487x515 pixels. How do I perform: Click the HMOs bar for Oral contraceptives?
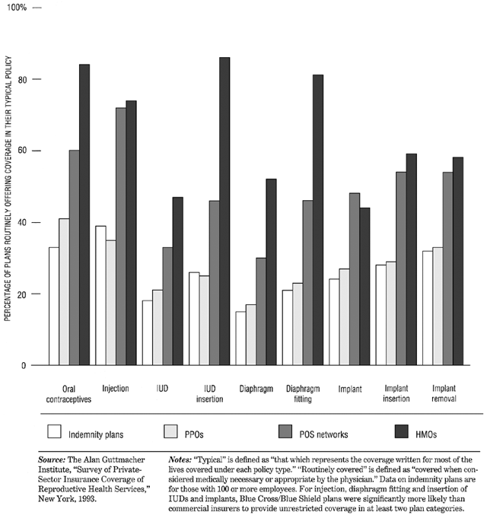click(84, 215)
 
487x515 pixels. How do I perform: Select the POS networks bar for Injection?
click(120, 237)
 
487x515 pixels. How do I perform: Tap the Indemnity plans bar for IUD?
click(147, 332)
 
